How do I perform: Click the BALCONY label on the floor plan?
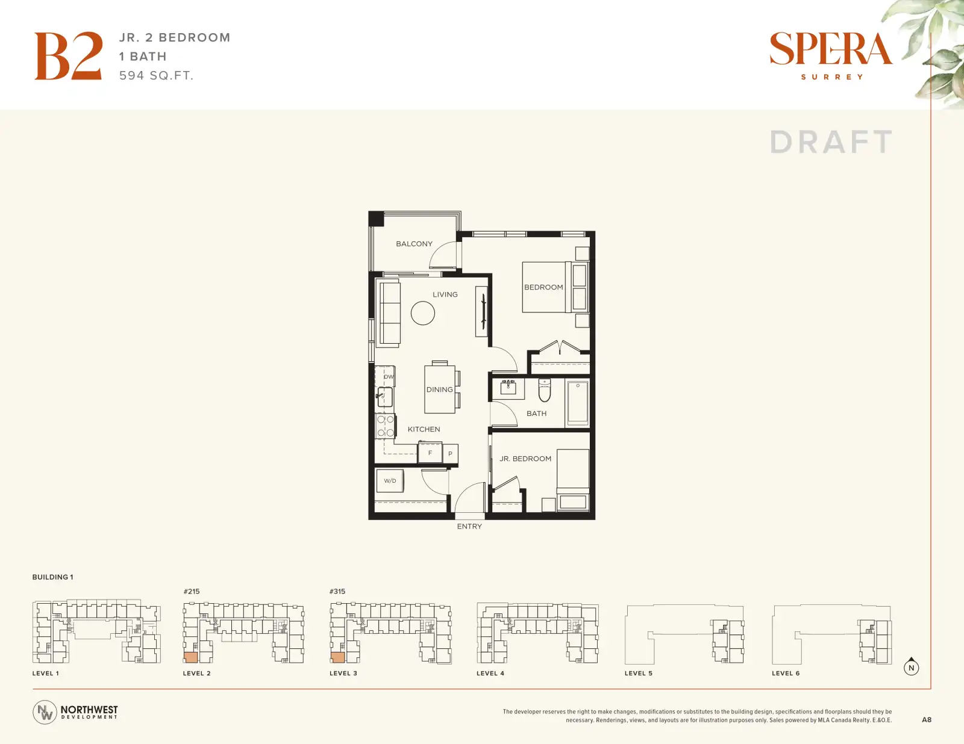click(x=414, y=244)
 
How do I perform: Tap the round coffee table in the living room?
click(x=423, y=313)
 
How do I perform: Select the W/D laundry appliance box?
click(x=390, y=481)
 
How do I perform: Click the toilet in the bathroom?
click(x=544, y=389)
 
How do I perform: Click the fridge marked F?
click(x=430, y=453)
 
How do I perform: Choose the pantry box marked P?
click(x=450, y=454)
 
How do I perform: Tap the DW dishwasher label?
click(x=389, y=377)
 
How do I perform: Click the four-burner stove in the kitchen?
click(x=385, y=426)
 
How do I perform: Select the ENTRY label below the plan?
click(x=469, y=527)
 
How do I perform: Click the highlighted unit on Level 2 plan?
click(x=191, y=657)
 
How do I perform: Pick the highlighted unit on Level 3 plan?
click(x=337, y=657)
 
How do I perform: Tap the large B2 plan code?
click(x=69, y=56)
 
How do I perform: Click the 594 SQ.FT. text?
click(x=157, y=76)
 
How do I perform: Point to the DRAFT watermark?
click(x=831, y=142)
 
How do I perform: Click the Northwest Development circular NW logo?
click(x=45, y=712)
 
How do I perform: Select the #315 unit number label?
click(x=337, y=592)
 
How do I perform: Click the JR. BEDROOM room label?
click(x=525, y=459)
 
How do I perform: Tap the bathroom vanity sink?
click(x=509, y=388)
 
